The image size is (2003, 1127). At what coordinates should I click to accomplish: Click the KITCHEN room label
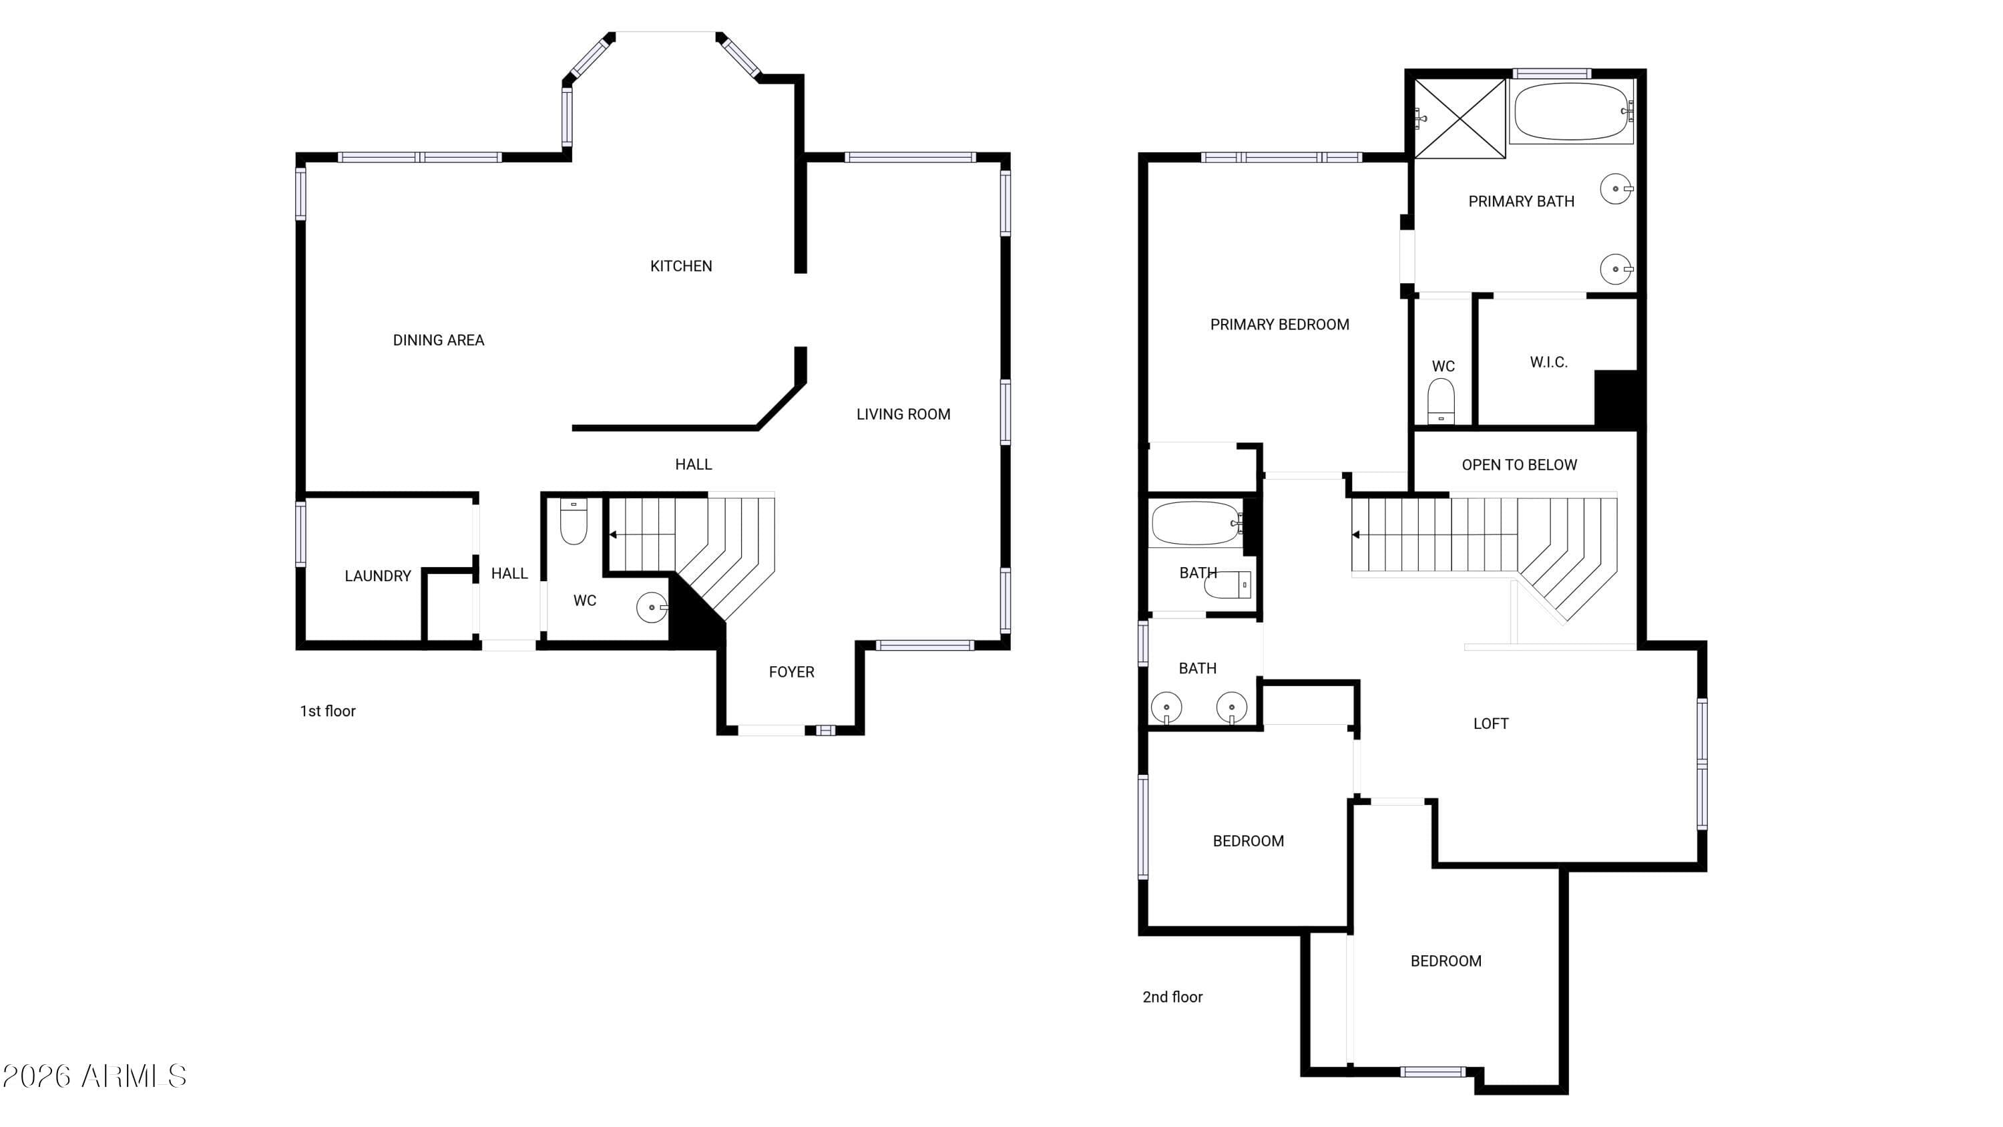tap(681, 266)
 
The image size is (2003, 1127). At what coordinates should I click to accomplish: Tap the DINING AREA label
tap(439, 340)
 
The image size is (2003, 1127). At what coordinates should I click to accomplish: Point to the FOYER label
tap(792, 672)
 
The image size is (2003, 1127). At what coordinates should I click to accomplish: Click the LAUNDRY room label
tap(378, 577)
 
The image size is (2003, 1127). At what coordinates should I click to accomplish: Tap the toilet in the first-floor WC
tap(574, 521)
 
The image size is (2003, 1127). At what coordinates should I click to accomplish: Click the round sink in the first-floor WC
tap(652, 607)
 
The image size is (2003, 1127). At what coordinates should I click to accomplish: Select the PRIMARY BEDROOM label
tap(1280, 324)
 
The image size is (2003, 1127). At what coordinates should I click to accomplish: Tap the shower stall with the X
tap(1460, 118)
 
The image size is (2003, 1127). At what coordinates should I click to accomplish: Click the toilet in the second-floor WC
tap(1441, 401)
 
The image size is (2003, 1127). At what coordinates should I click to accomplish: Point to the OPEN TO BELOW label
tap(1520, 465)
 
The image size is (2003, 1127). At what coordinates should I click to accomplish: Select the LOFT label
tap(1492, 724)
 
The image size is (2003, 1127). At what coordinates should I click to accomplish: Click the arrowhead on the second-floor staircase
tap(1356, 535)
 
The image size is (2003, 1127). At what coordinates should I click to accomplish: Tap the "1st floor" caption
tap(328, 711)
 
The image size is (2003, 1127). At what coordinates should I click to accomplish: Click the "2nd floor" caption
tap(1172, 997)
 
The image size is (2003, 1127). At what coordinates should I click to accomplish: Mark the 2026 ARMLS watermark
tap(94, 1076)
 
